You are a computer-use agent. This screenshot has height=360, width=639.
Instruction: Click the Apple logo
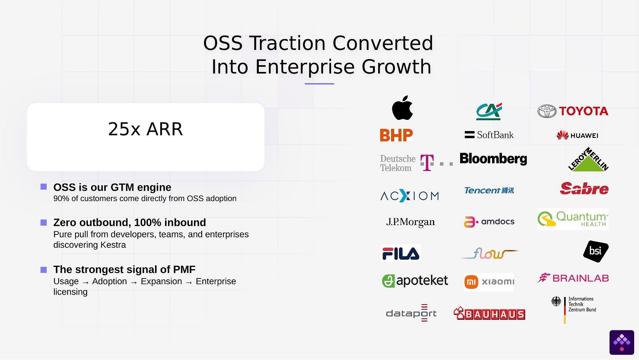[x=402, y=107]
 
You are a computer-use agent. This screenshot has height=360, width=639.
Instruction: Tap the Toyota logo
[x=573, y=111]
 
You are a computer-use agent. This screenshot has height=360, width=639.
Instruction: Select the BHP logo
[x=396, y=135]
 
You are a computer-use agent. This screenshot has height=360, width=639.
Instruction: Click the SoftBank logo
[x=489, y=135]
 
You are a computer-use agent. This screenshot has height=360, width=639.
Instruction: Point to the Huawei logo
[x=577, y=135]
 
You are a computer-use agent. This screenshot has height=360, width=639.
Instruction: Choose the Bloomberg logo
[x=493, y=159]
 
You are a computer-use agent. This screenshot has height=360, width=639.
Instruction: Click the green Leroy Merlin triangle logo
[x=588, y=159]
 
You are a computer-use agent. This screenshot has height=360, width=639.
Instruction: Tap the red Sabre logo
[x=584, y=189]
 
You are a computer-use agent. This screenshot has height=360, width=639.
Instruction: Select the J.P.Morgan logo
[x=410, y=222]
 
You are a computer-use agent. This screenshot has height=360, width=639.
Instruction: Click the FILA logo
[x=401, y=253]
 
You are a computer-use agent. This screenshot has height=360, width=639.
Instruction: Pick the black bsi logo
[x=595, y=251]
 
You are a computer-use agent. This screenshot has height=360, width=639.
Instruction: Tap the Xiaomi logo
[x=489, y=282]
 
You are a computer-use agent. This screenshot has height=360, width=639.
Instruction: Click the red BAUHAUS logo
[x=489, y=314]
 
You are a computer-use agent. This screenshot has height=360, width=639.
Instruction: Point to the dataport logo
[x=411, y=313]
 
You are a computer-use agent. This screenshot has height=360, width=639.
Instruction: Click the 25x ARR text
[x=145, y=129]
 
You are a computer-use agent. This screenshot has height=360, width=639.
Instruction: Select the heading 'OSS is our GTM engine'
[x=112, y=187]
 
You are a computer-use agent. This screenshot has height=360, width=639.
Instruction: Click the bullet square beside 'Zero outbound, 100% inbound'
[x=44, y=223]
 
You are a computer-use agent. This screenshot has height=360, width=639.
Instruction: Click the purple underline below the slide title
[x=319, y=84]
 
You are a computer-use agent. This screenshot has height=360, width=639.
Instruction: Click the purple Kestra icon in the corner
[x=622, y=342]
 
